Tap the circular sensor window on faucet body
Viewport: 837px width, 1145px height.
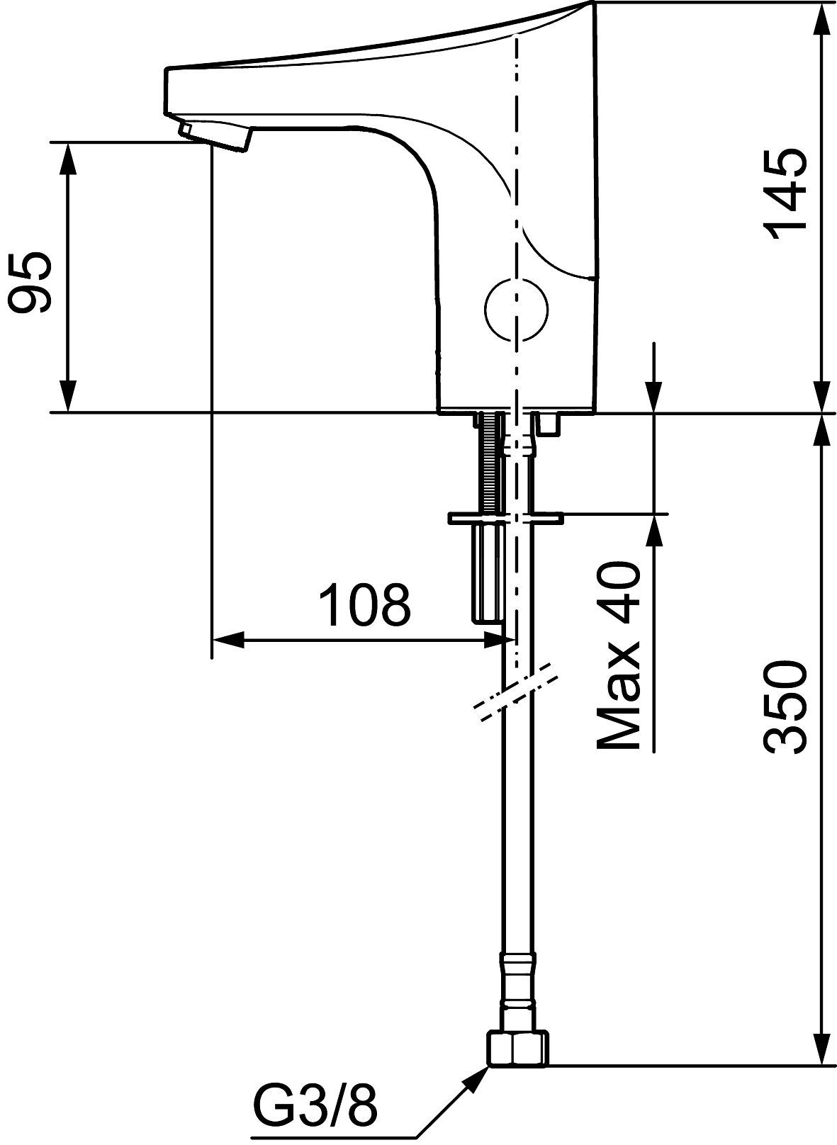[516, 308]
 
